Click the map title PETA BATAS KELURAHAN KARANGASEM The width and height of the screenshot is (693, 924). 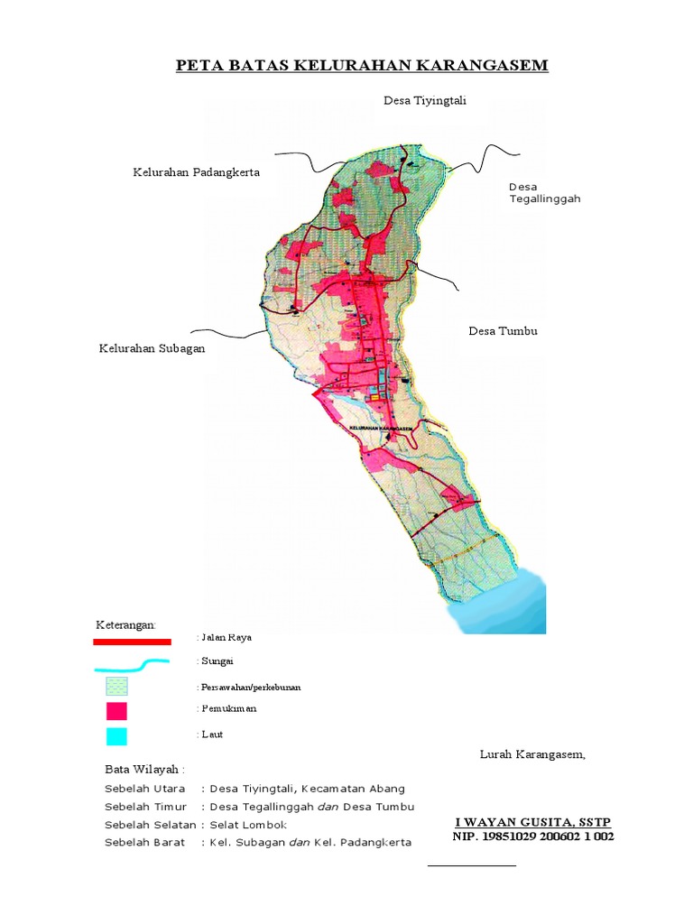361,66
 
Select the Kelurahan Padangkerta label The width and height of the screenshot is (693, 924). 196,172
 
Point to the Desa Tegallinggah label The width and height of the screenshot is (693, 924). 544,193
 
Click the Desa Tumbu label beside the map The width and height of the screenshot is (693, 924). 503,331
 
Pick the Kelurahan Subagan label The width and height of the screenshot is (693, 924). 152,348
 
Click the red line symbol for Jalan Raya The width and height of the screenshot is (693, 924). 132,642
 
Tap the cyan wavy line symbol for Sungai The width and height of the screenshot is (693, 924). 132,665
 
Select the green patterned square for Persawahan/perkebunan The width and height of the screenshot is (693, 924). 115,687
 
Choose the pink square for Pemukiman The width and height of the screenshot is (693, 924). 115,711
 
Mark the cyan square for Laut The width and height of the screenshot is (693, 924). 115,735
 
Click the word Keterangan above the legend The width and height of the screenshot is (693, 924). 125,625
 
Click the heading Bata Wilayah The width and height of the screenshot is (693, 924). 144,770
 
